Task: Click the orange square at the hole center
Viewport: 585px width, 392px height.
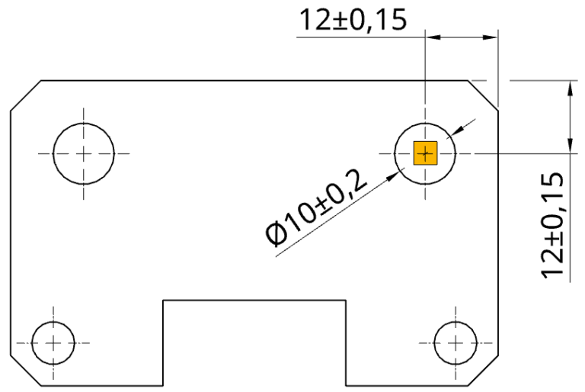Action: point(425,153)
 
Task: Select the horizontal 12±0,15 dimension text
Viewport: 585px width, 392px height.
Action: point(352,20)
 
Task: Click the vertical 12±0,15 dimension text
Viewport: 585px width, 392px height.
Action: point(551,225)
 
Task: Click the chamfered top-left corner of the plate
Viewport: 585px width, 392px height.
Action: point(25,95)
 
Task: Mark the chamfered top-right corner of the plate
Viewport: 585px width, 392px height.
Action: point(484,95)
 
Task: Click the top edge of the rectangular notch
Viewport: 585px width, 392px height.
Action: point(254,300)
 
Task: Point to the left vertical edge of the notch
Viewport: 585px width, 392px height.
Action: point(164,343)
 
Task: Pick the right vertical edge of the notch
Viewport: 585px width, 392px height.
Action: point(346,343)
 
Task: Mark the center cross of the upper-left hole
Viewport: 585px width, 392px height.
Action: point(84,153)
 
